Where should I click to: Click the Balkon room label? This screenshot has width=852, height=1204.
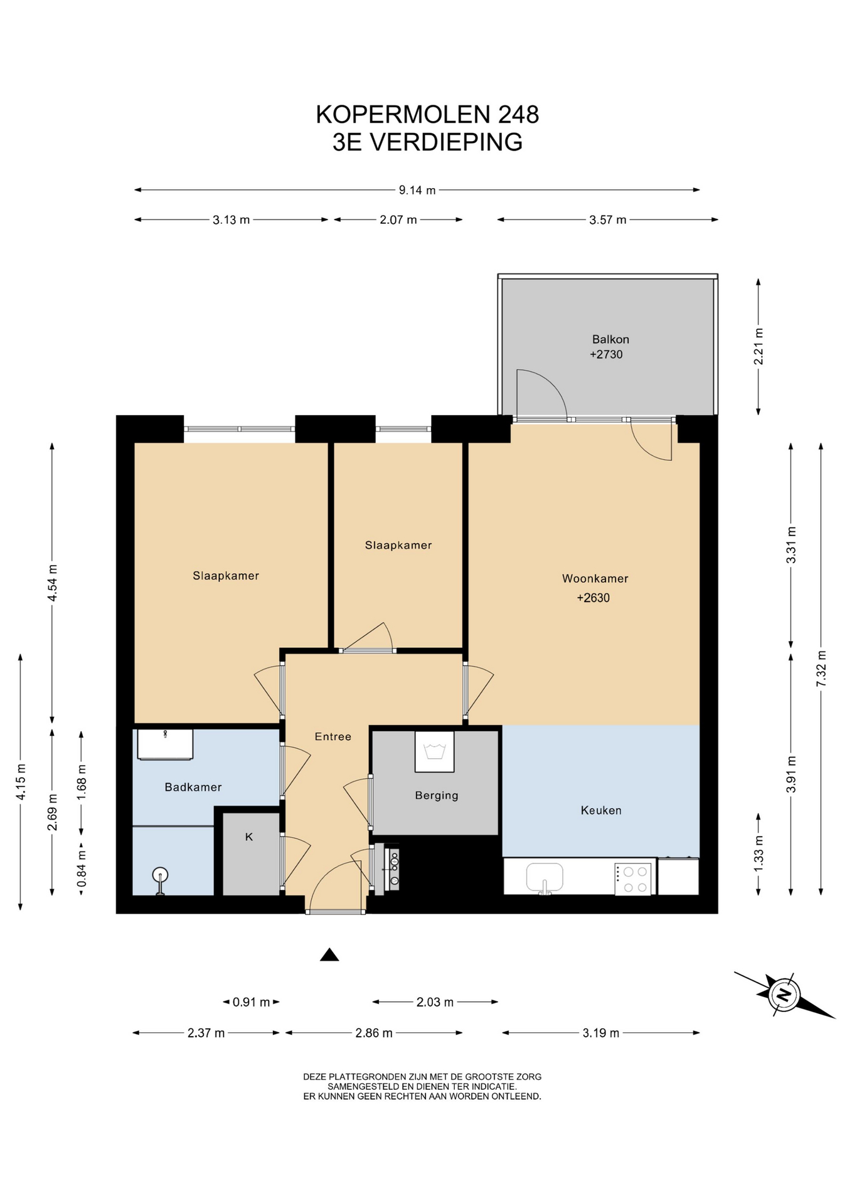click(610, 339)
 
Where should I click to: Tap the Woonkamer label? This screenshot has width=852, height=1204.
click(595, 579)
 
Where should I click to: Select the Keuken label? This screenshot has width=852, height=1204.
click(601, 810)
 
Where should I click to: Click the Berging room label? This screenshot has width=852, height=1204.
click(437, 796)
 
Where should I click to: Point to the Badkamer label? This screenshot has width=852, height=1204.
click(193, 787)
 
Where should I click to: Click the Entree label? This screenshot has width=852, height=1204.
click(333, 736)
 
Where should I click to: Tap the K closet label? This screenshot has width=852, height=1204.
click(249, 837)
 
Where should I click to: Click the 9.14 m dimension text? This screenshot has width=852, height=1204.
click(417, 190)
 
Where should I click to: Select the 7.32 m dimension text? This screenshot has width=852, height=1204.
click(821, 668)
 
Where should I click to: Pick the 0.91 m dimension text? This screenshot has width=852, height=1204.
click(251, 1002)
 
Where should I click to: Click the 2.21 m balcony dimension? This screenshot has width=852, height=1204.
click(759, 346)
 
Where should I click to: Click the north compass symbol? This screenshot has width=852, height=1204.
click(784, 995)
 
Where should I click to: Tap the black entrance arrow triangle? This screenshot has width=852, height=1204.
click(329, 955)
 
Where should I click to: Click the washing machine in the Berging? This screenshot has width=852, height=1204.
click(434, 751)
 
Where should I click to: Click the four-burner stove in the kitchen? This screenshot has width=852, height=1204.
click(633, 879)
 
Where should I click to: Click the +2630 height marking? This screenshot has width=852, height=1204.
click(594, 598)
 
